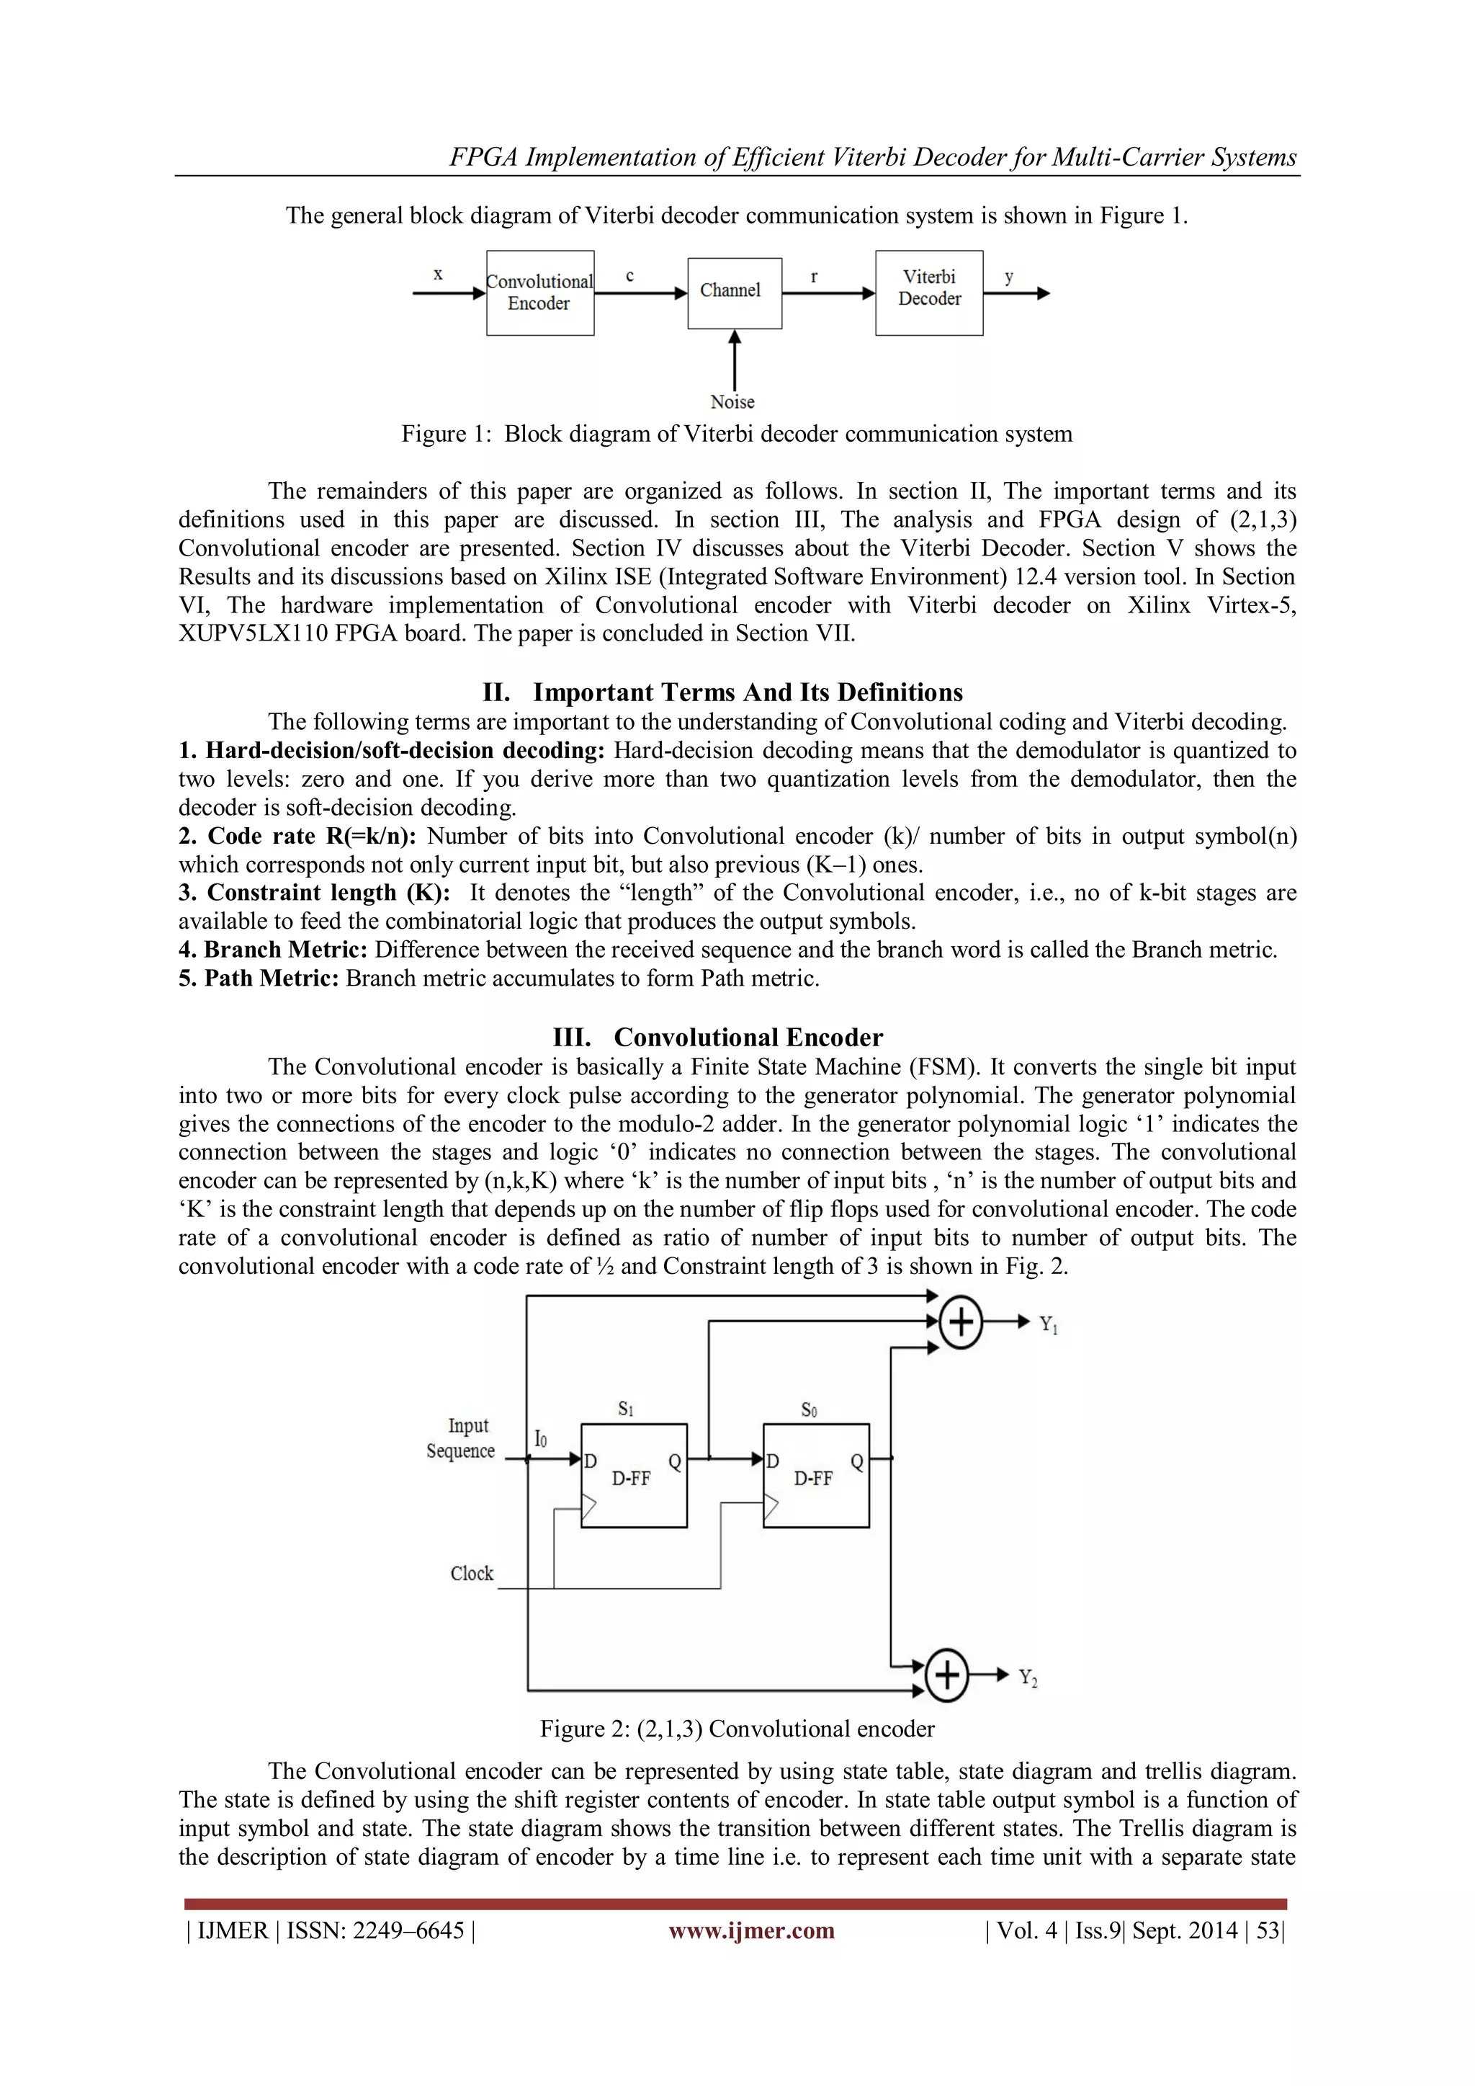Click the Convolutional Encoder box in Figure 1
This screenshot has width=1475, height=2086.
539,293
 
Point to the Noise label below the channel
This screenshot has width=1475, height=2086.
732,401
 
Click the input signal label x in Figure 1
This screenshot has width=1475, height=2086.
438,274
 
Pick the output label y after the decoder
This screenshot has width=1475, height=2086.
1009,276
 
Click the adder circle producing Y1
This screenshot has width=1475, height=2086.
960,1322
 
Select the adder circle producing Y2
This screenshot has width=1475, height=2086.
946,1675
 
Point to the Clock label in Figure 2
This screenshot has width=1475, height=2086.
472,1574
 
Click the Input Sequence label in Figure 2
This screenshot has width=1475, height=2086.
462,1438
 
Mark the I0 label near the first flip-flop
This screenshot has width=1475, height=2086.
540,1439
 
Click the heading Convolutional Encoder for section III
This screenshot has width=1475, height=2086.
748,1038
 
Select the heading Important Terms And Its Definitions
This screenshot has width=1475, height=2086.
748,692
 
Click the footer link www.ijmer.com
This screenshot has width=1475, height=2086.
751,1930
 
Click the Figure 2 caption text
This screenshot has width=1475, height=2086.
737,1729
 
